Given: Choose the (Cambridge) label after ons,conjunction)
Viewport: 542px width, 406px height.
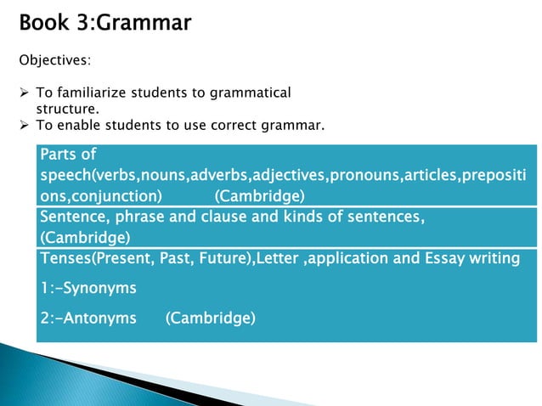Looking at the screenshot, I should click(259, 195).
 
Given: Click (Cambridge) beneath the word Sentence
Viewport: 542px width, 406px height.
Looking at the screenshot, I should click(85, 236).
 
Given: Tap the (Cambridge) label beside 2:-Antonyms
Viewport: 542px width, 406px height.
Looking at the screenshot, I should click(210, 319).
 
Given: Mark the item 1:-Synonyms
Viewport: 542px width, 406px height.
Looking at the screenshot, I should click(88, 288).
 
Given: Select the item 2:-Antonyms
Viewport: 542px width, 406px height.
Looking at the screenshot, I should click(88, 319).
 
